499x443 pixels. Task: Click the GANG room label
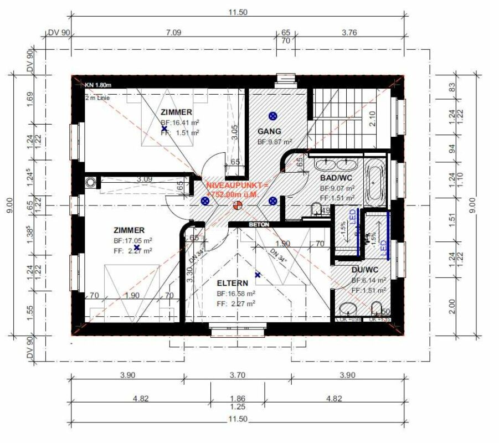(x=270, y=131)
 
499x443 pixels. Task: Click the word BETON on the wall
(x=259, y=225)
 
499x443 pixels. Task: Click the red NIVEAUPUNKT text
(x=237, y=186)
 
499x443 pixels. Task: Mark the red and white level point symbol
(x=238, y=205)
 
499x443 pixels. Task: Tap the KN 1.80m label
(x=98, y=85)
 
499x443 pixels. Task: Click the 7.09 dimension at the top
(x=173, y=32)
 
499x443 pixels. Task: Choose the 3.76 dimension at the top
(x=349, y=32)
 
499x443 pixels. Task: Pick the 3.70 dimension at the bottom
(x=236, y=375)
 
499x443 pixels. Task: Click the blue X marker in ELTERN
(x=257, y=275)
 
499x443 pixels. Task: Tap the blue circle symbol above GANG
(x=272, y=116)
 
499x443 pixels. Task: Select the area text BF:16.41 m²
(x=180, y=122)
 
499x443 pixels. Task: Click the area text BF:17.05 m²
(x=133, y=241)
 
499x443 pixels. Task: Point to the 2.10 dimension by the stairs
(x=372, y=119)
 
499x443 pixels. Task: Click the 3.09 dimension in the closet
(x=145, y=179)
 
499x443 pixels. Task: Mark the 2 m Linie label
(x=97, y=97)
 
